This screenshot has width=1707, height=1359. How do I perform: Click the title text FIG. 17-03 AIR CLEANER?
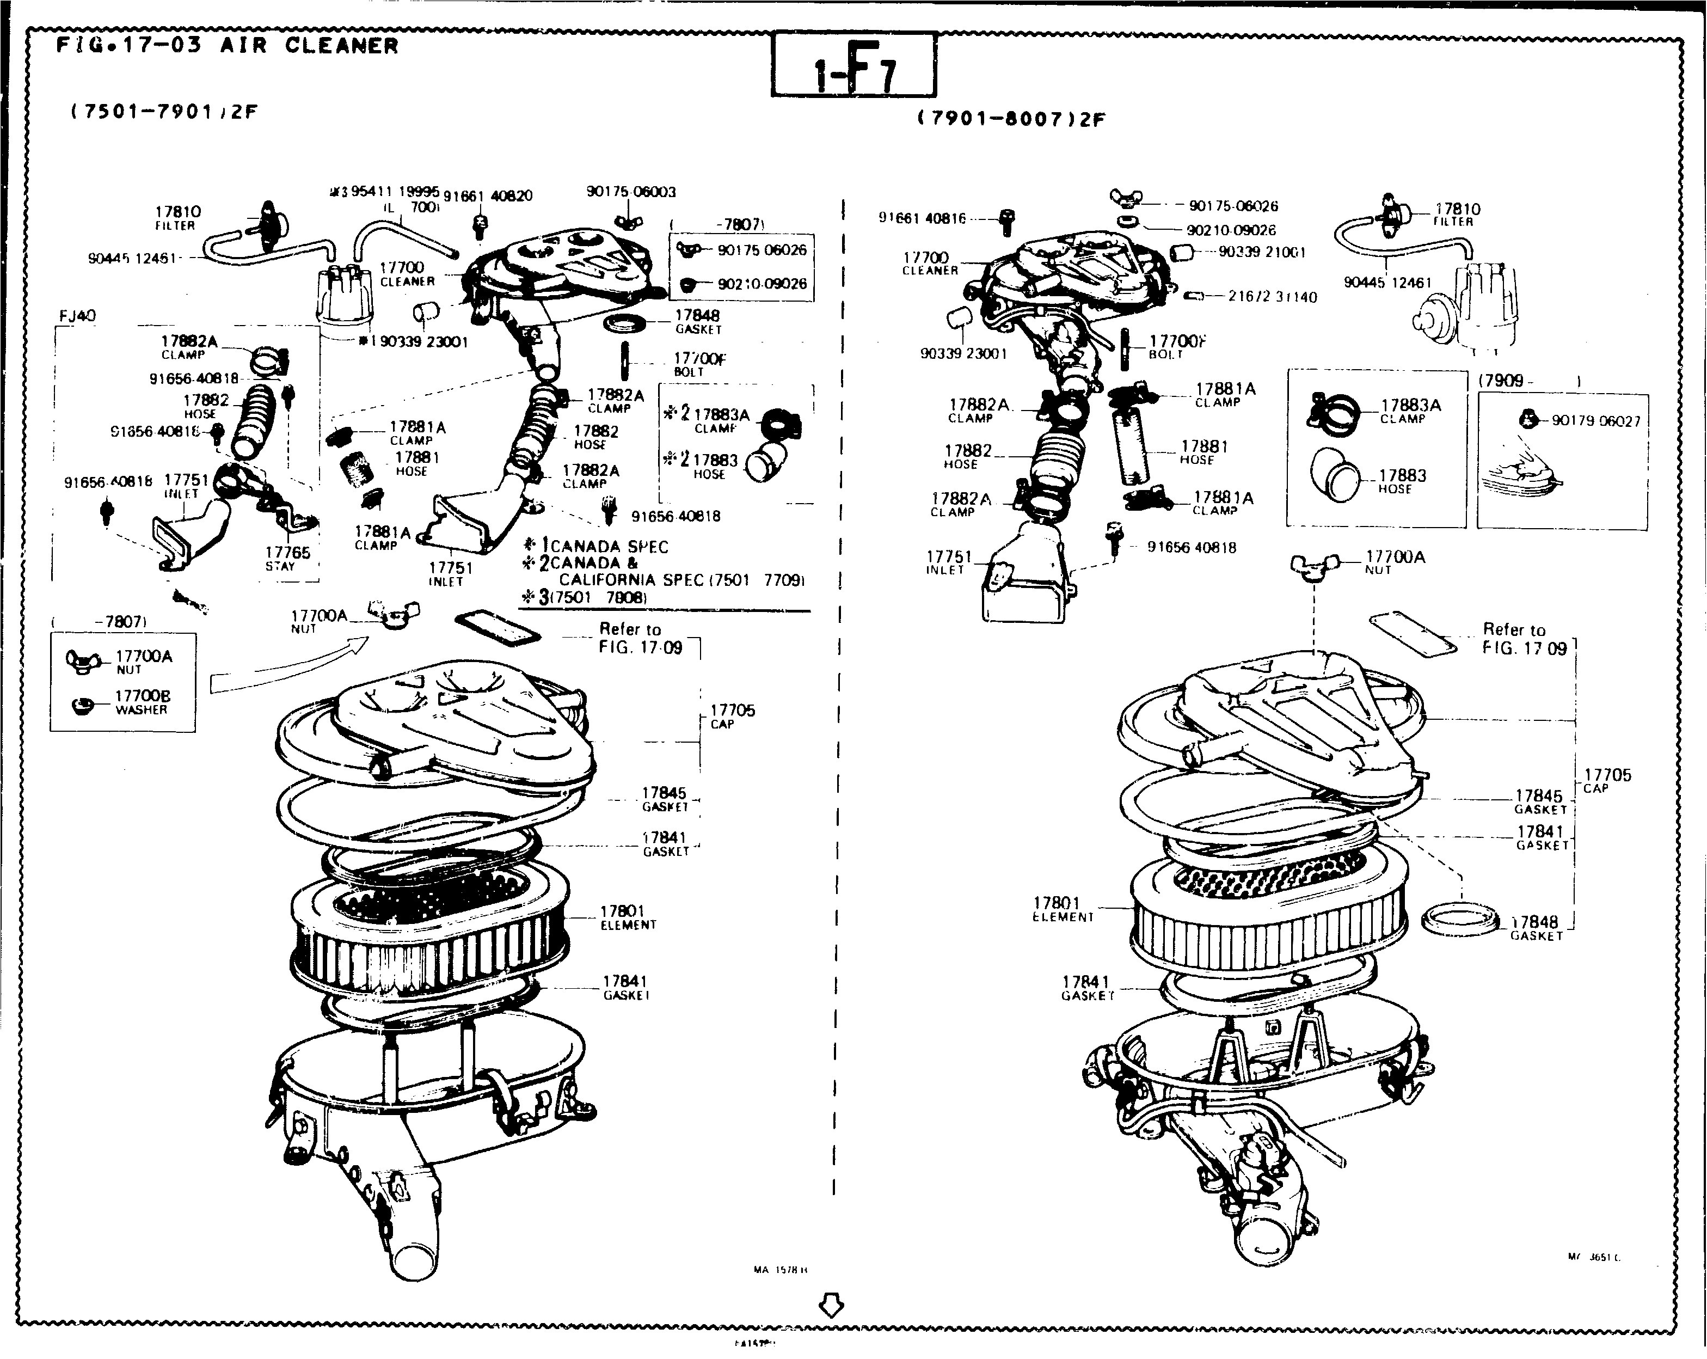coord(227,45)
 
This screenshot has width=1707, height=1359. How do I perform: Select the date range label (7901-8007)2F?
coord(1011,119)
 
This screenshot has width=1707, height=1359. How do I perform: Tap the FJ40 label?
coord(77,316)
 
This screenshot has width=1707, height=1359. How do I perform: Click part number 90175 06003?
coord(631,192)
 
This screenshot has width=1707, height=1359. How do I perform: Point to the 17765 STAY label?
coord(287,558)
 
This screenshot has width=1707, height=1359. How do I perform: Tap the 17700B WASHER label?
coord(142,702)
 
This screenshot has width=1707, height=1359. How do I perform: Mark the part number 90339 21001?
coord(1261,252)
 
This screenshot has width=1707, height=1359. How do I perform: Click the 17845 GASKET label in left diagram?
coord(664,798)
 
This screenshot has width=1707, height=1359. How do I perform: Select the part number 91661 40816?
coord(923,218)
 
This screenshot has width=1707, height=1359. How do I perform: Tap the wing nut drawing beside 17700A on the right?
coord(1315,565)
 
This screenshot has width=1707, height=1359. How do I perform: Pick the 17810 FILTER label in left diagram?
coord(177,217)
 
